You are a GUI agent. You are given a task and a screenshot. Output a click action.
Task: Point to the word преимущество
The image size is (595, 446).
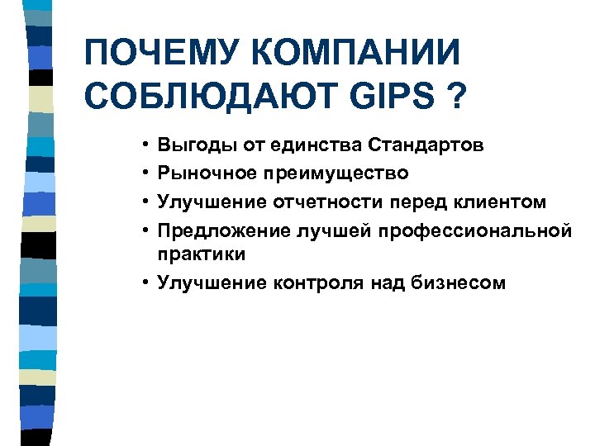(336, 173)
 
